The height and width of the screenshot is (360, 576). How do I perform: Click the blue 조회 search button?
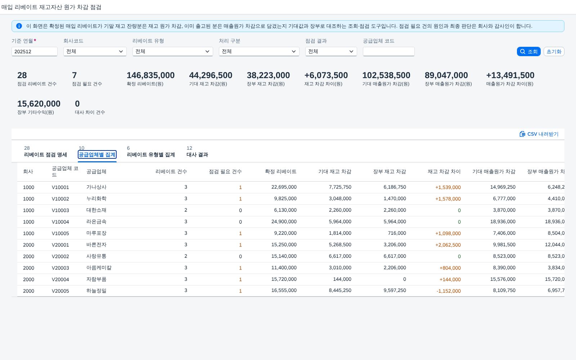click(x=528, y=51)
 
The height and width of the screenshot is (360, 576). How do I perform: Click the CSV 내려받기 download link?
click(x=539, y=134)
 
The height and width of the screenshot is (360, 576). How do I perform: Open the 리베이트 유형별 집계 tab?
click(x=151, y=154)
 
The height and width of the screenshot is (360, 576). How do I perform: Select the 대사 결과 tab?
click(x=197, y=154)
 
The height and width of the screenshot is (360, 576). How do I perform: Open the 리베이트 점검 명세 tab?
click(x=45, y=154)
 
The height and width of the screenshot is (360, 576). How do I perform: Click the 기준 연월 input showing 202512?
click(x=35, y=51)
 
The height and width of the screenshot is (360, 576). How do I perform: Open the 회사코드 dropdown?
click(x=95, y=51)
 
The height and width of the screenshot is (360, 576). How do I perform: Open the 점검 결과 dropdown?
click(x=331, y=51)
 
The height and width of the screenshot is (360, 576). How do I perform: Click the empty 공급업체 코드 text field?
click(x=388, y=51)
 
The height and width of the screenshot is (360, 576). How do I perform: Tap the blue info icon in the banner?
click(x=19, y=26)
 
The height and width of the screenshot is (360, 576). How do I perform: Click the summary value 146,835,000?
click(x=151, y=75)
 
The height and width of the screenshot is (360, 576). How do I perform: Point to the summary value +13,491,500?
click(x=510, y=75)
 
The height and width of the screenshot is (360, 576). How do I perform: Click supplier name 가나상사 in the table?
click(x=96, y=187)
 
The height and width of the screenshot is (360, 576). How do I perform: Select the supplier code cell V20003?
click(x=60, y=268)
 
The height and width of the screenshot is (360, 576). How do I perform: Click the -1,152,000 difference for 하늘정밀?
click(x=449, y=291)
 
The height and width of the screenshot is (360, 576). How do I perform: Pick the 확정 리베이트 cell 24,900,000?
click(x=284, y=221)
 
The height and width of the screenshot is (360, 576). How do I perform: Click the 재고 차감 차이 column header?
click(x=444, y=171)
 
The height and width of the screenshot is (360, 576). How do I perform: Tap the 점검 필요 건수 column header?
click(x=225, y=171)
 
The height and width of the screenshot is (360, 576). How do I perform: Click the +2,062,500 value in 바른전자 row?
click(x=448, y=245)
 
